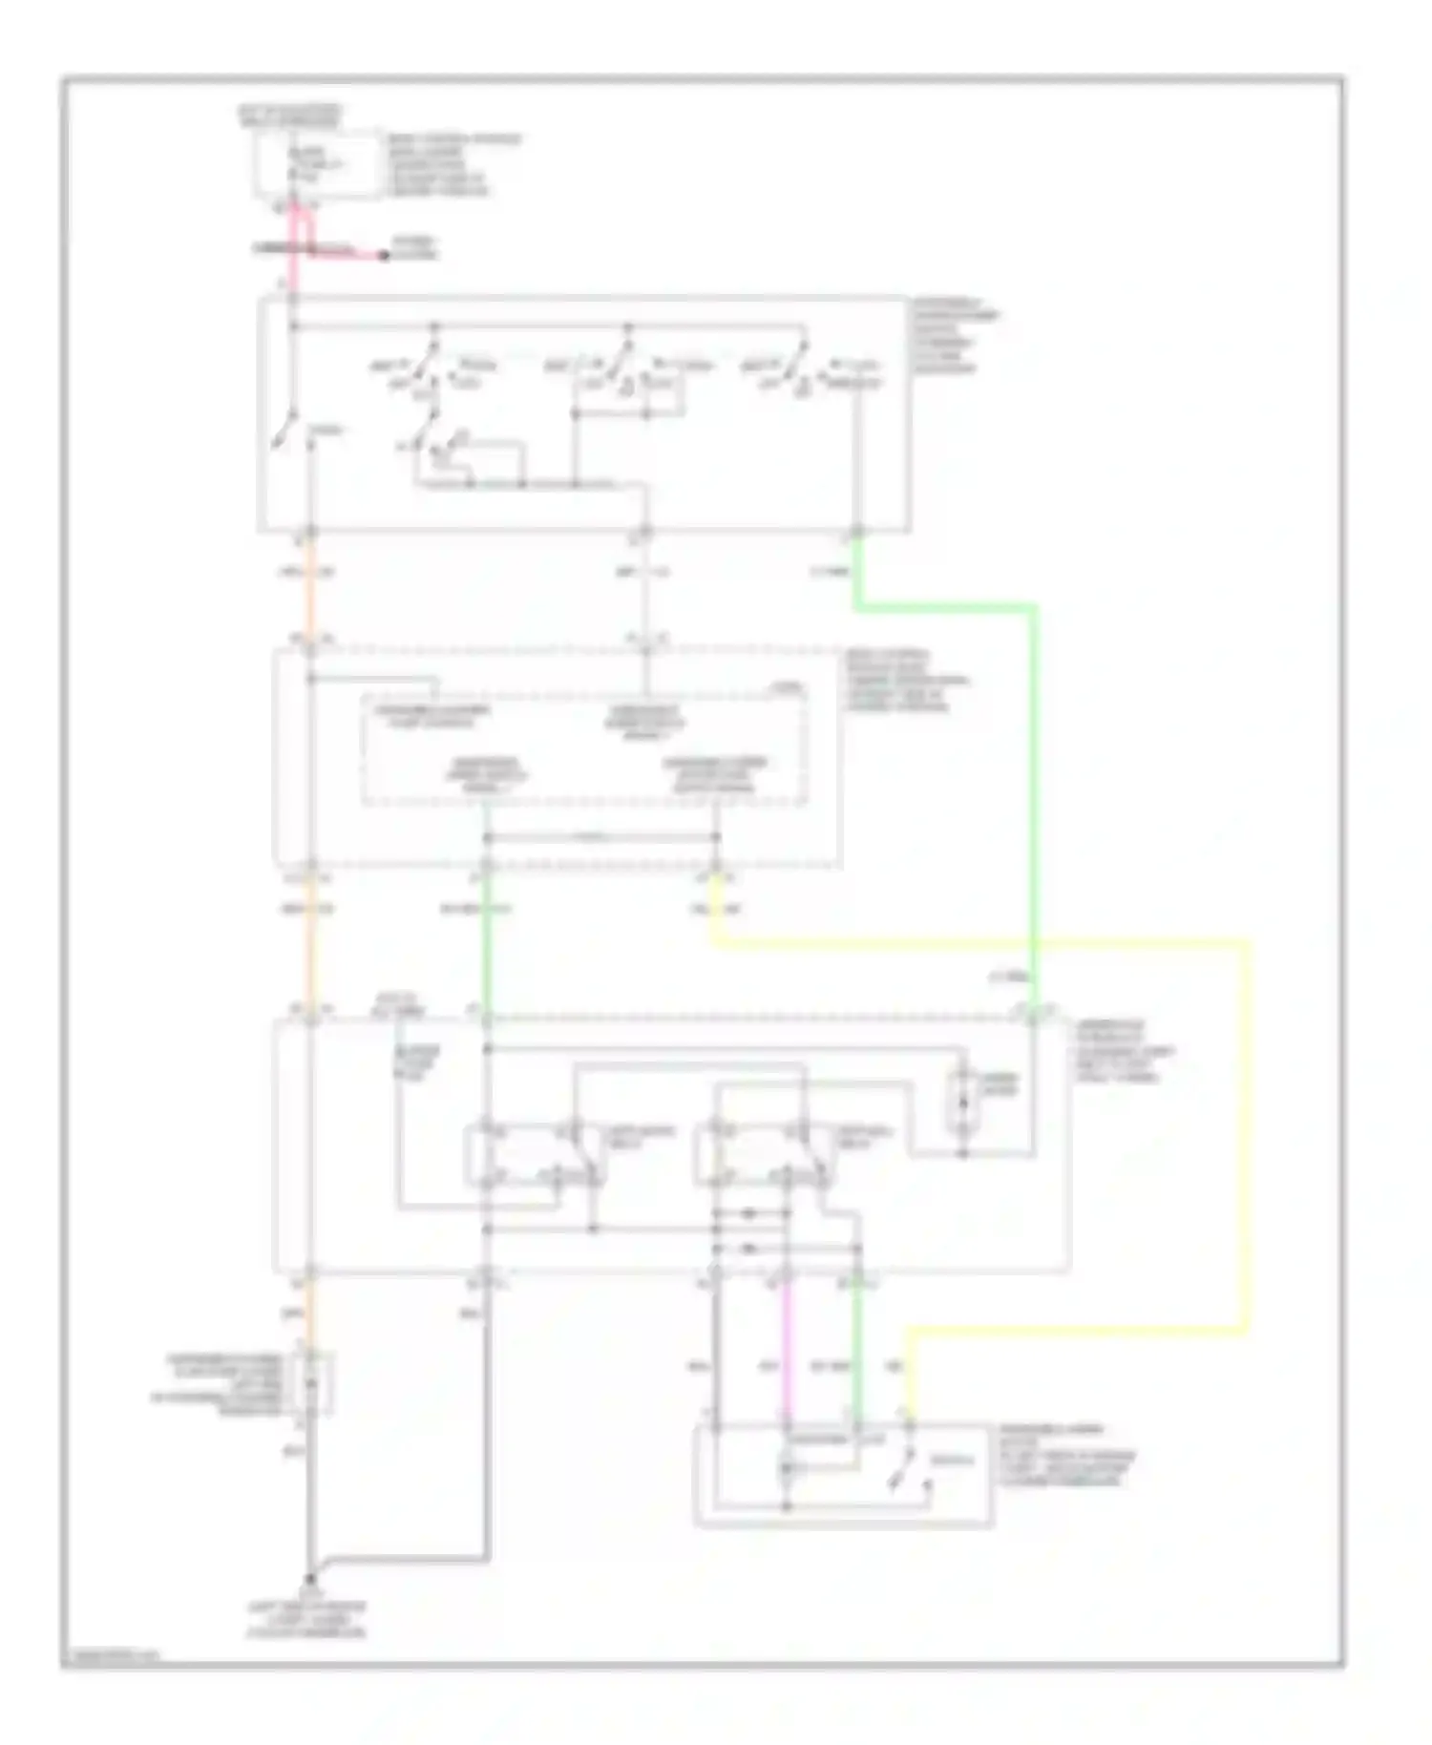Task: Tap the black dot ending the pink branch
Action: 384,256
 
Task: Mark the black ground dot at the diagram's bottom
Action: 310,1580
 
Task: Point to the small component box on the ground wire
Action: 315,1382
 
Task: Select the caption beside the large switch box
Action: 955,334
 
